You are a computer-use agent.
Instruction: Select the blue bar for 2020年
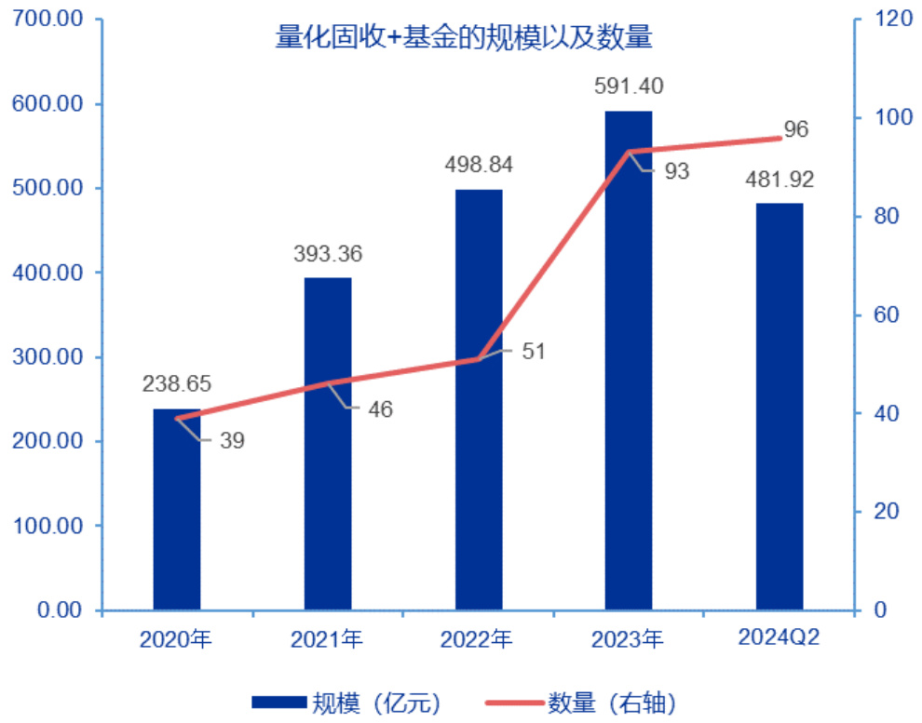pos(177,521)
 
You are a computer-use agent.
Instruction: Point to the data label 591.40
pos(629,87)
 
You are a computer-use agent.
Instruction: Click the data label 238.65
pos(177,383)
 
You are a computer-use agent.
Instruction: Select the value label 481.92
pos(779,179)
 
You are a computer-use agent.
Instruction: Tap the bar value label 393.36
pos(328,253)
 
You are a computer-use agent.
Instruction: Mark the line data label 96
pos(795,129)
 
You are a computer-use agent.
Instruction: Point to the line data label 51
pos(534,352)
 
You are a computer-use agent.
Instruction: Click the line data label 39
pos(233,441)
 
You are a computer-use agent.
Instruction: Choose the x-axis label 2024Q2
pos(779,638)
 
